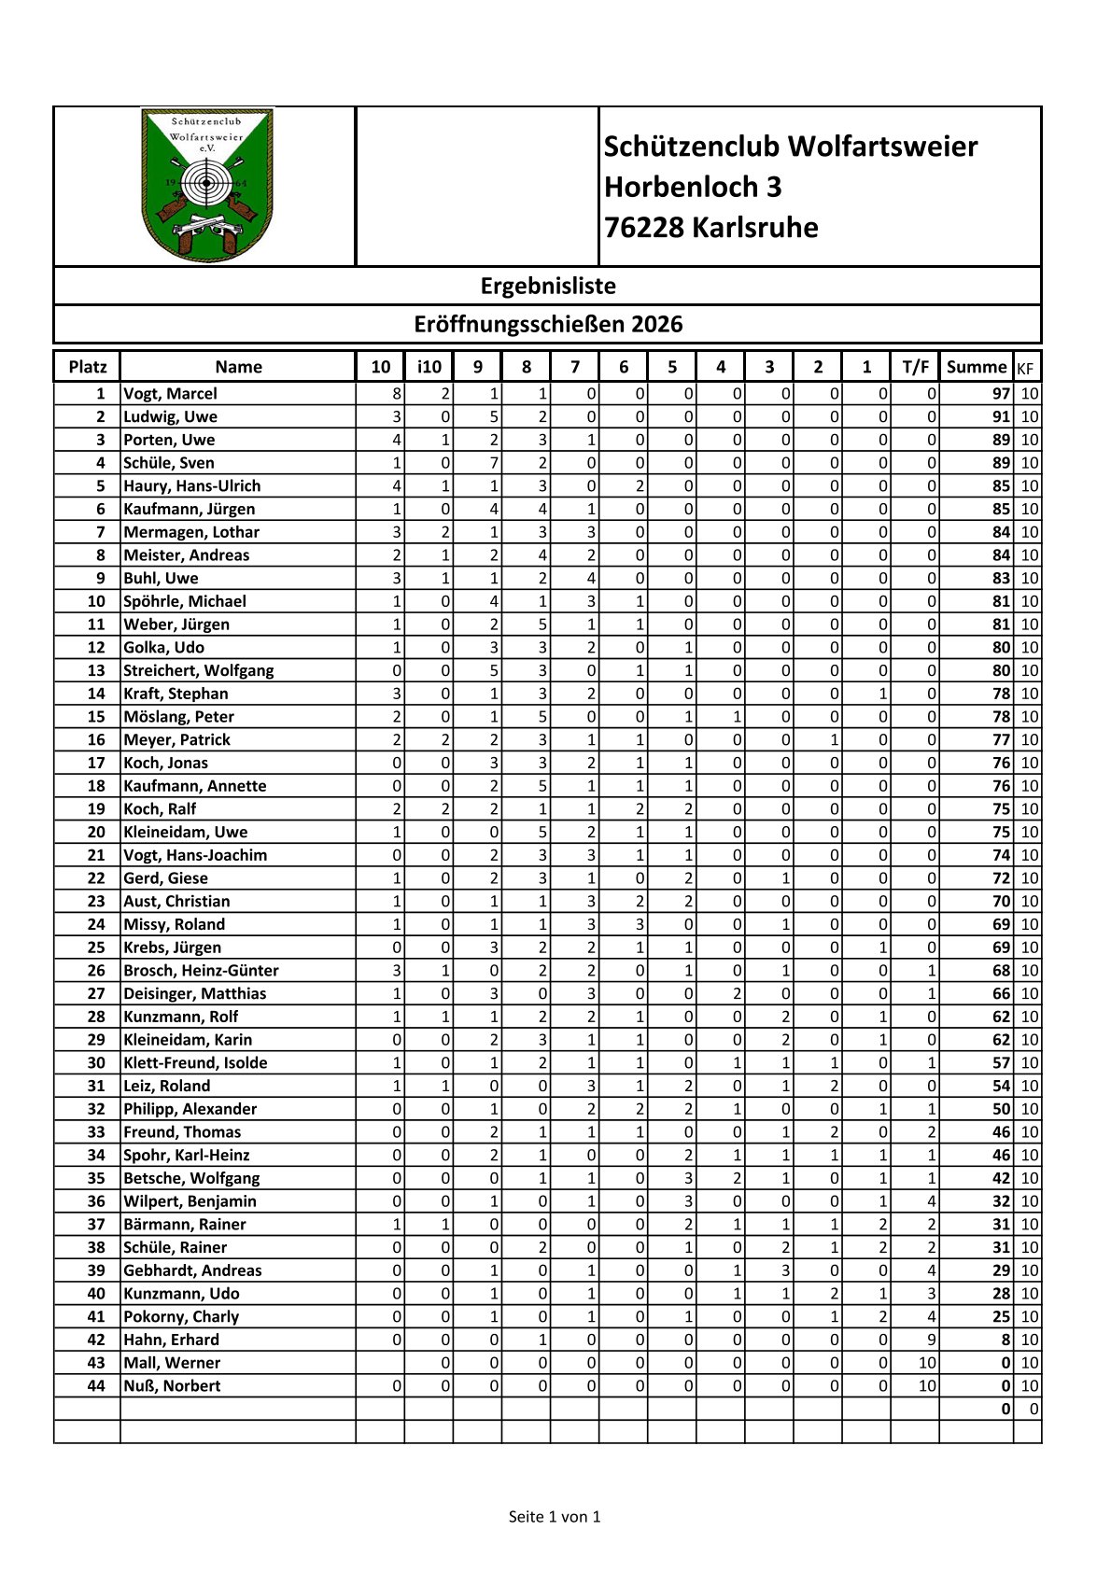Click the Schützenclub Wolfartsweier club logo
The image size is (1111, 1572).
click(206, 185)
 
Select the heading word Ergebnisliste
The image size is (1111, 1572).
click(548, 286)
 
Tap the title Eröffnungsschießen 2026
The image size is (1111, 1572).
click(548, 324)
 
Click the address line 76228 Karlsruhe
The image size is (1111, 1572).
click(710, 228)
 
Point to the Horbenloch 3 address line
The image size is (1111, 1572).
click(692, 187)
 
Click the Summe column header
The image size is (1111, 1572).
click(976, 367)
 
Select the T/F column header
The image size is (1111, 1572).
click(915, 367)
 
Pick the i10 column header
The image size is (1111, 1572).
click(429, 367)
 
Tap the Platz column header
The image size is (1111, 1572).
click(88, 367)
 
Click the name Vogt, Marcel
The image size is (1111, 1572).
click(170, 394)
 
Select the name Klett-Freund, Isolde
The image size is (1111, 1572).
click(195, 1062)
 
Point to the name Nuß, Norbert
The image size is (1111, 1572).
click(172, 1385)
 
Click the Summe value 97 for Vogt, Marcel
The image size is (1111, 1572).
click(1001, 394)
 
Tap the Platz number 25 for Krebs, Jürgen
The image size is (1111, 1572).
click(96, 947)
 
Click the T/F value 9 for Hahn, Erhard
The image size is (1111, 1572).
click(931, 1340)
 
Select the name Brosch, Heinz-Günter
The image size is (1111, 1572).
click(201, 971)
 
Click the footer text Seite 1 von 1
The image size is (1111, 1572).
click(555, 1517)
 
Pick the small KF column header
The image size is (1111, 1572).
click(1025, 368)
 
